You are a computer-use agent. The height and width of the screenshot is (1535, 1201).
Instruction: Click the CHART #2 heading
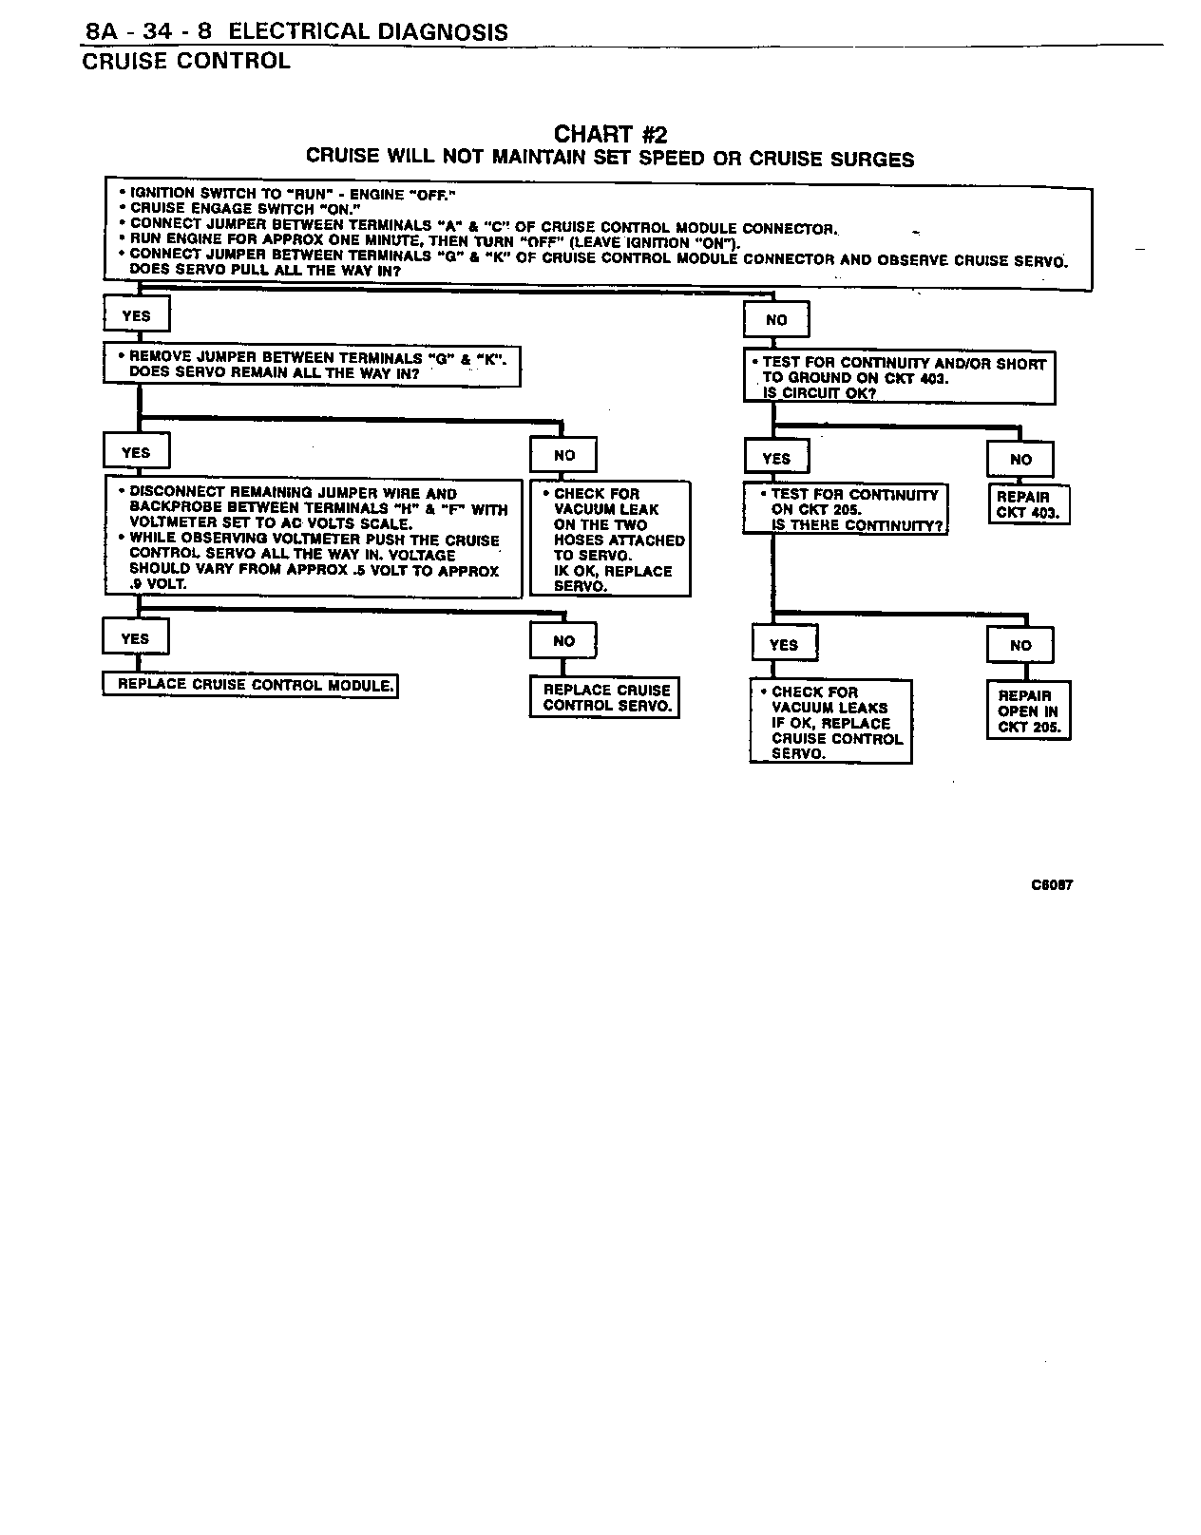(610, 134)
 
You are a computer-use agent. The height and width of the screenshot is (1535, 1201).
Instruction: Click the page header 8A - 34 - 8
(149, 31)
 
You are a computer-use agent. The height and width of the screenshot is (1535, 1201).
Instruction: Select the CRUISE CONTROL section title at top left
(186, 62)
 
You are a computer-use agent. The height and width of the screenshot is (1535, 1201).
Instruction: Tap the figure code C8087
(1052, 884)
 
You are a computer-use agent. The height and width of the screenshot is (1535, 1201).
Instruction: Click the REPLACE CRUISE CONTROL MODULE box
(250, 685)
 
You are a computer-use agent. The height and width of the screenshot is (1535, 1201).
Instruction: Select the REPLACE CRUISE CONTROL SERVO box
(604, 698)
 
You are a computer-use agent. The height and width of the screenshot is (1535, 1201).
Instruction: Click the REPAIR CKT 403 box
(1028, 504)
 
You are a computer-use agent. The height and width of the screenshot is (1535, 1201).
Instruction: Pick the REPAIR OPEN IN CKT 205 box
(1028, 711)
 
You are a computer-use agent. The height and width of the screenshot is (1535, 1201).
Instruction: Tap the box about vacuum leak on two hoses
(610, 540)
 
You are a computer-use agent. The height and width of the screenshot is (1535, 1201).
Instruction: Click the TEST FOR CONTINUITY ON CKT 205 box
(846, 510)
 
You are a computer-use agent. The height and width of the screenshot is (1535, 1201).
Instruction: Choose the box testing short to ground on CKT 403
(899, 377)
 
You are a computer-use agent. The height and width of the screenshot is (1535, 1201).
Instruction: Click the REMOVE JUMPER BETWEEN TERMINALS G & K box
(312, 365)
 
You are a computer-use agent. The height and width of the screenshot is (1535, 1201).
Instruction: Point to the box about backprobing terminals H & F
(314, 539)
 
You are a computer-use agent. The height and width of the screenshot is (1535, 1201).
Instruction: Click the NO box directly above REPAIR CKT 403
(1020, 460)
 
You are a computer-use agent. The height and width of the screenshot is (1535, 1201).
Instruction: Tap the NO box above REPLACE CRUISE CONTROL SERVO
(563, 641)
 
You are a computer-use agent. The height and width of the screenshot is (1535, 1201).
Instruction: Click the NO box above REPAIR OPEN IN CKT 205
(1020, 646)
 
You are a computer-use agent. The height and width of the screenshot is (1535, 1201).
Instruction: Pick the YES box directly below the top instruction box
(136, 316)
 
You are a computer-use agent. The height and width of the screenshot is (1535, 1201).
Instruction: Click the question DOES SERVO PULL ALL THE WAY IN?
(264, 271)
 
